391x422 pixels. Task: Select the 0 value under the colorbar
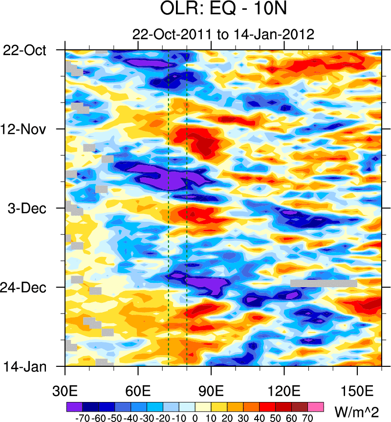click(195, 418)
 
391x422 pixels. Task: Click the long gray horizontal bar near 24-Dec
click(324, 283)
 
